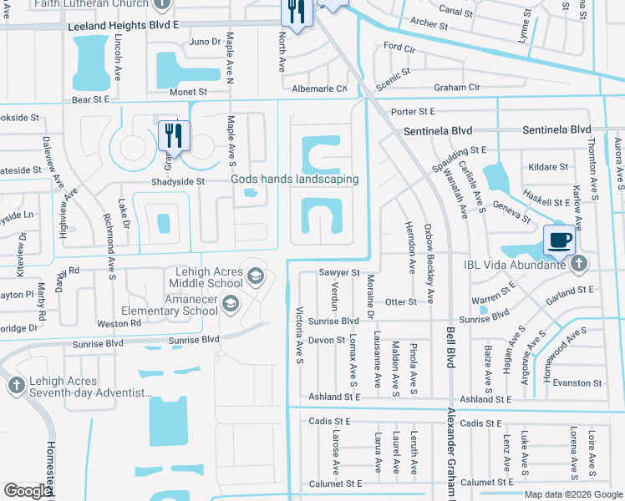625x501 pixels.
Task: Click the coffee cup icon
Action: (x=560, y=240)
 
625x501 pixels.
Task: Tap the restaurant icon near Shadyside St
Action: (x=174, y=134)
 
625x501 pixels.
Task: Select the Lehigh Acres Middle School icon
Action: (x=255, y=276)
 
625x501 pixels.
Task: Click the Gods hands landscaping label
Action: (x=295, y=179)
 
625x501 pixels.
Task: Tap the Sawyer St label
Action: (x=338, y=272)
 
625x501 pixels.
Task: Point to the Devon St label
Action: (x=326, y=340)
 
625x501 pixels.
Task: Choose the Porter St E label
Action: (x=414, y=111)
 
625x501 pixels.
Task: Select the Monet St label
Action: (x=188, y=92)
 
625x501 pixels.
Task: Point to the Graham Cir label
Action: (x=456, y=87)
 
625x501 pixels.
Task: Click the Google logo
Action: (x=28, y=491)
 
